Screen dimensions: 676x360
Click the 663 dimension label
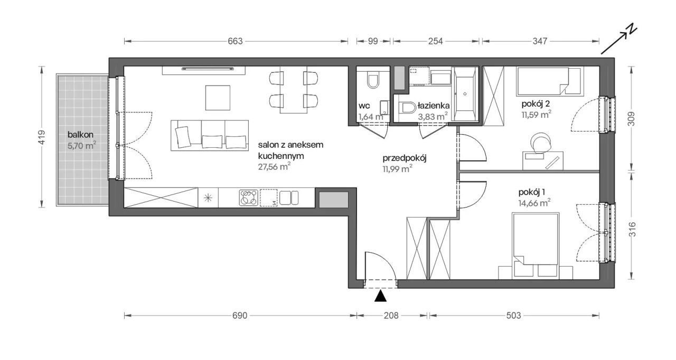(x=235, y=41)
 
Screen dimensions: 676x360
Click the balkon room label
(x=80, y=135)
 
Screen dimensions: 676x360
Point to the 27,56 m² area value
(x=274, y=166)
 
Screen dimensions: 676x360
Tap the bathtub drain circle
(x=465, y=94)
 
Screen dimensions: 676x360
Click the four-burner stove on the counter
(x=248, y=198)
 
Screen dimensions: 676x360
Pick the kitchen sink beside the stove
(x=289, y=198)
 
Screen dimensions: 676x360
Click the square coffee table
(x=218, y=98)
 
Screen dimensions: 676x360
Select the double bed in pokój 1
(x=536, y=244)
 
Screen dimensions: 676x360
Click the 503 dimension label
(x=513, y=315)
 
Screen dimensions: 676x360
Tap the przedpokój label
(x=405, y=158)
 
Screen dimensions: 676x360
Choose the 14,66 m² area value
(x=534, y=203)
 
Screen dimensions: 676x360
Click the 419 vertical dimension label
(x=42, y=137)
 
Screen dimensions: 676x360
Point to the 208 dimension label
(x=391, y=315)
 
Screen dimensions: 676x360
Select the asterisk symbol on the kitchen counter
(x=208, y=198)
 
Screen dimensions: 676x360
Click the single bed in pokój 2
(x=549, y=81)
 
